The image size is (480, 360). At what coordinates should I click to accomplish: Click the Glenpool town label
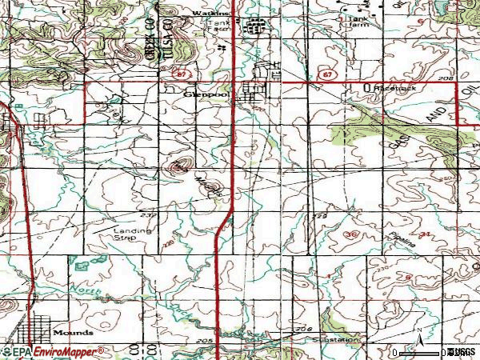[199, 92]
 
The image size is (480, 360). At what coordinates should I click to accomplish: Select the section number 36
[353, 234]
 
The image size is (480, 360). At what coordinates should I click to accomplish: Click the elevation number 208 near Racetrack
[446, 78]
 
